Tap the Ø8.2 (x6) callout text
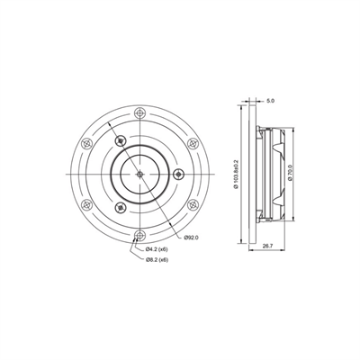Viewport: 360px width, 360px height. click(x=159, y=259)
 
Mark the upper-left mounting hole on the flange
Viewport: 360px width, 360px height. click(x=85, y=143)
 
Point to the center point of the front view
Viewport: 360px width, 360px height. click(x=139, y=174)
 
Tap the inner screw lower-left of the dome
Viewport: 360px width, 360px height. click(x=120, y=208)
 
